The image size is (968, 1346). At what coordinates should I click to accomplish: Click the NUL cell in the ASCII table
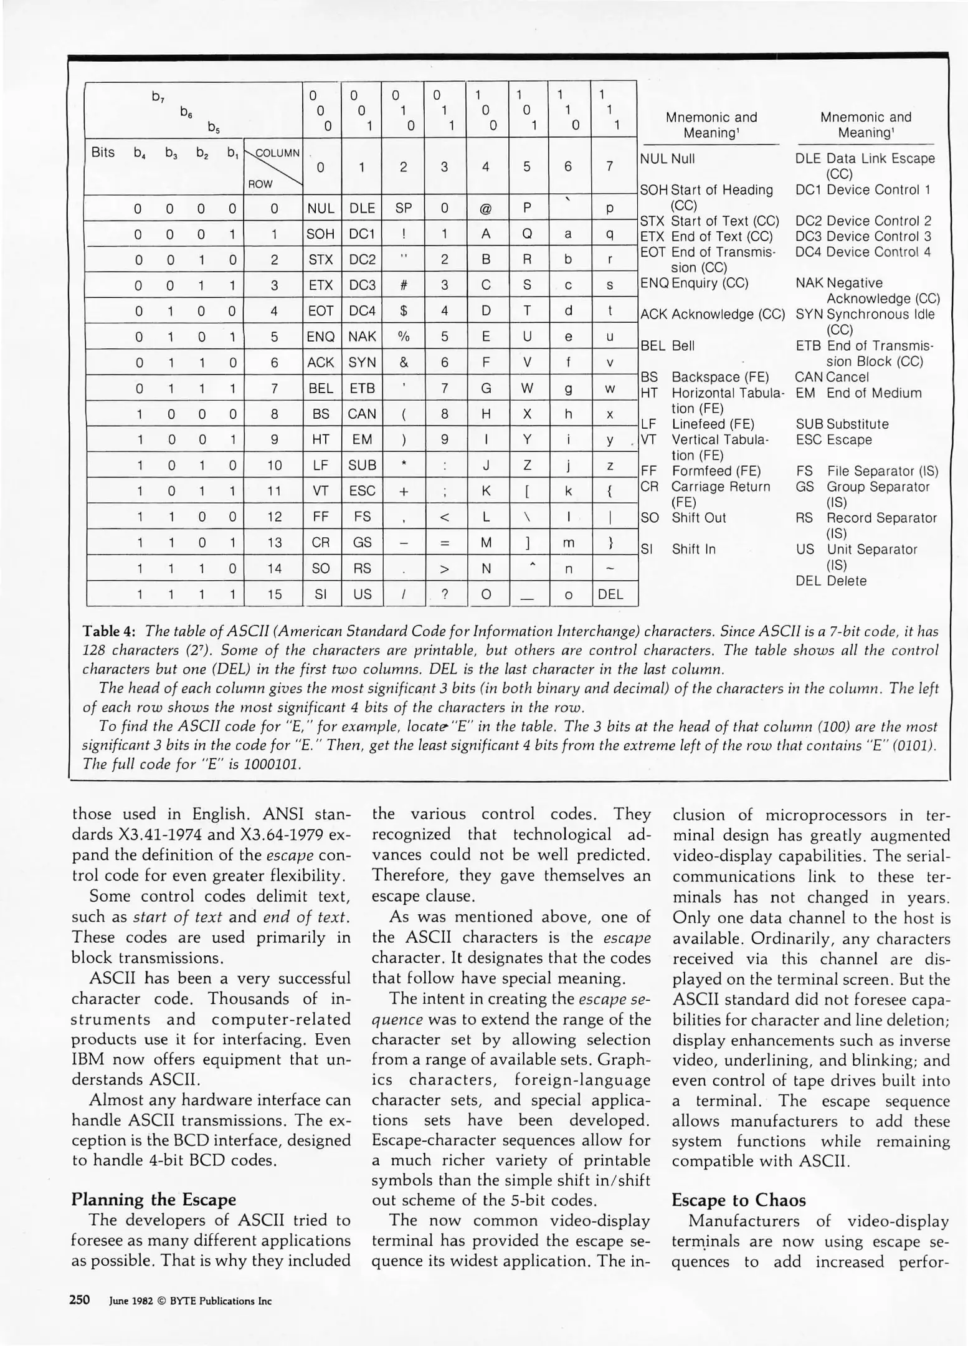click(321, 208)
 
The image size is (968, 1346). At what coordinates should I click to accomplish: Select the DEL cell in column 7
click(610, 594)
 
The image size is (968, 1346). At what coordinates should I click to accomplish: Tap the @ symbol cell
click(486, 208)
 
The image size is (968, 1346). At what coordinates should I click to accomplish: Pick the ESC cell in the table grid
click(362, 491)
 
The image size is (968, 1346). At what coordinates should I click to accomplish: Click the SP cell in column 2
click(404, 208)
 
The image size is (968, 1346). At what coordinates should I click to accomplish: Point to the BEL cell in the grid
click(321, 388)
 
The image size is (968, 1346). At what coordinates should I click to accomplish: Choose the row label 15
click(274, 594)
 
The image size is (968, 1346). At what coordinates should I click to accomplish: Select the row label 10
click(274, 465)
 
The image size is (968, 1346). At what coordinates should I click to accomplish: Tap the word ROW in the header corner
click(260, 184)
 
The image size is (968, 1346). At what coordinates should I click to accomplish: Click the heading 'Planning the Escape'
click(154, 1200)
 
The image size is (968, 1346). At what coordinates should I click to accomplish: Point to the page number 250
click(80, 1300)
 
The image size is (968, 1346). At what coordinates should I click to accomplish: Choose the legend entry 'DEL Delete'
click(831, 581)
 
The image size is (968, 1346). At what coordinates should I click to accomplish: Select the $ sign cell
click(404, 311)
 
